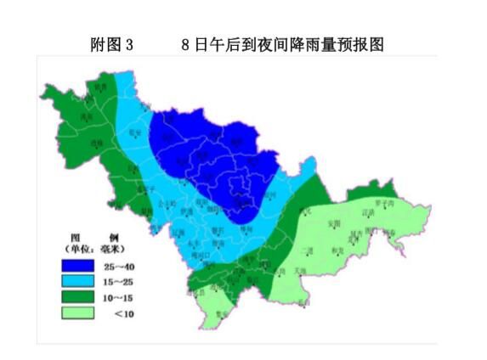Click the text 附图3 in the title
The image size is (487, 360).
click(111, 45)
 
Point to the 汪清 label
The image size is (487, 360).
click(367, 213)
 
